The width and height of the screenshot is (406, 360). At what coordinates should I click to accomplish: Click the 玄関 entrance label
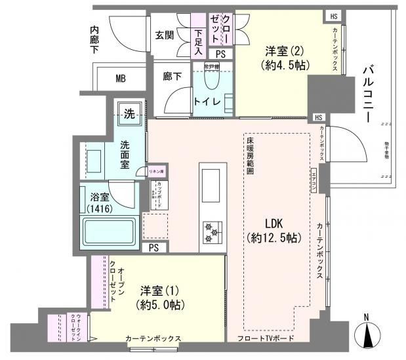[165, 35]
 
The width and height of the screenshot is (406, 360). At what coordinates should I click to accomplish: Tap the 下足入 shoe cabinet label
[199, 39]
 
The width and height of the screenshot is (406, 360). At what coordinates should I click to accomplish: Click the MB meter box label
[121, 79]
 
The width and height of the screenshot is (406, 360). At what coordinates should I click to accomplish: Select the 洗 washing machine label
[130, 113]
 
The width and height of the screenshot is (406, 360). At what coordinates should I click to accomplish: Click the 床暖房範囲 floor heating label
[251, 155]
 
